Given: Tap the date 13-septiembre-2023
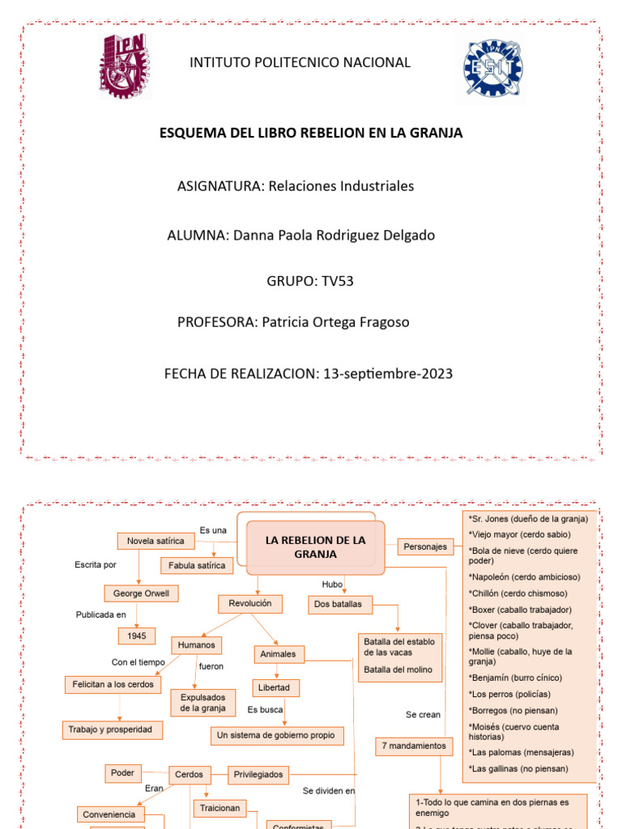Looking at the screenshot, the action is [388, 374].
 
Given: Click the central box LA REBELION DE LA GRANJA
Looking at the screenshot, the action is [316, 547].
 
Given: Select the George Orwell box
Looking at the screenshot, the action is [141, 593].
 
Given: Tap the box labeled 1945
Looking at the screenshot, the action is [136, 636].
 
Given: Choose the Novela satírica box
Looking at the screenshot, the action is [155, 540].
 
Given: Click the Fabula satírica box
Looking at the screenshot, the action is [198, 565].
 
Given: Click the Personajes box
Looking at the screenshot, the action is [425, 546].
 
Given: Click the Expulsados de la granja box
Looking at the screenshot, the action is [202, 702].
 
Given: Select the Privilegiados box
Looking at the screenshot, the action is [258, 775].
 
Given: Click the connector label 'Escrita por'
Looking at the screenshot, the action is [96, 565].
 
